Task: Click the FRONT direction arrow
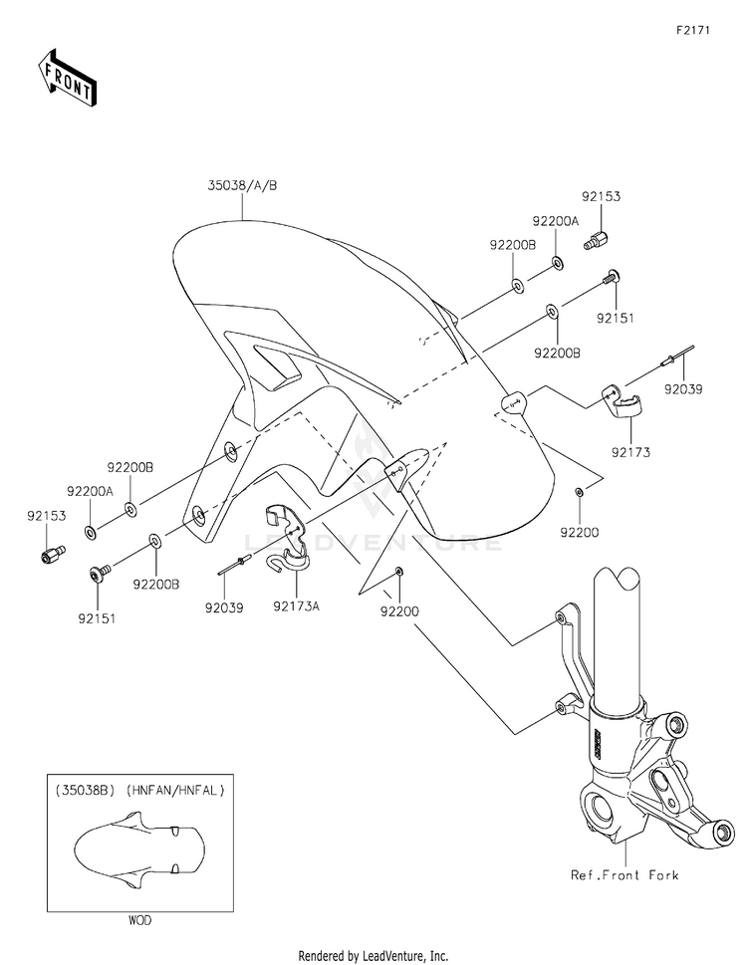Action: click(x=67, y=77)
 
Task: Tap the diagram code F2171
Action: click(x=693, y=30)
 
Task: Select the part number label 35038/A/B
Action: click(x=242, y=185)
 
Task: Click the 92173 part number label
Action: click(x=630, y=452)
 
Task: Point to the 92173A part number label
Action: click(x=297, y=606)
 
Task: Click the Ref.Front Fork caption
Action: click(x=624, y=874)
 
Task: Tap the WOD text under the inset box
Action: click(x=139, y=921)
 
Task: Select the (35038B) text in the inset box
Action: click(x=85, y=790)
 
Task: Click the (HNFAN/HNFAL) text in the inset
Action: click(x=175, y=790)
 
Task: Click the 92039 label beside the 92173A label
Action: click(x=224, y=608)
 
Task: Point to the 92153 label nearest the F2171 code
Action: click(x=602, y=197)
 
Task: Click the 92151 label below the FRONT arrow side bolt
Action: click(x=97, y=618)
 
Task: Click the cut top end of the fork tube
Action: click(x=619, y=580)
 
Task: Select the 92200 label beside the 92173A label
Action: click(x=399, y=611)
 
